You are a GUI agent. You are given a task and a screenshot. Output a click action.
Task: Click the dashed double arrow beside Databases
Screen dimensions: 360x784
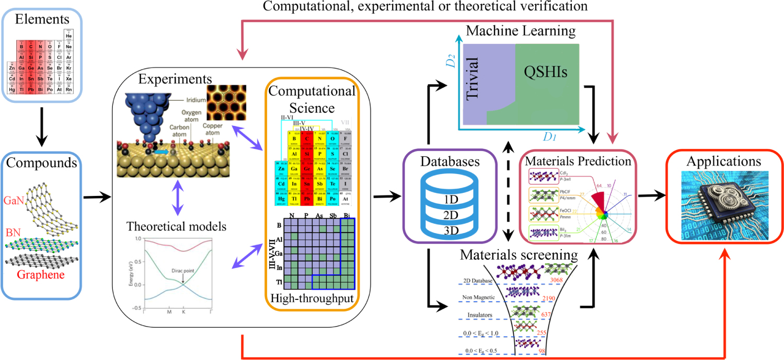point(507,190)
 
